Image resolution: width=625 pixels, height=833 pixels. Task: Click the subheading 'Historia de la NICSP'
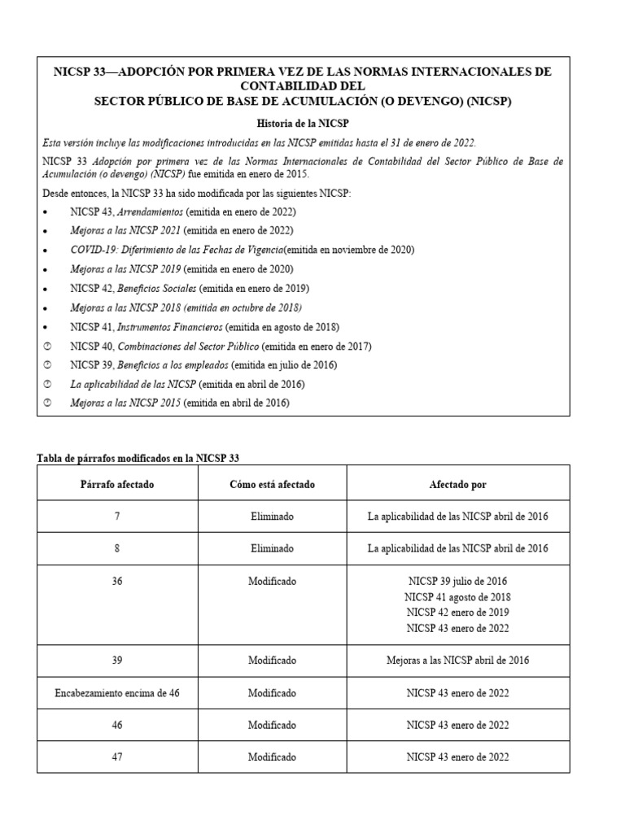point(304,122)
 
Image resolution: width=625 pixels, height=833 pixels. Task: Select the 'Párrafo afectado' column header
point(117,484)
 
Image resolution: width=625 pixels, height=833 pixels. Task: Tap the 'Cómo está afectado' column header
point(272,484)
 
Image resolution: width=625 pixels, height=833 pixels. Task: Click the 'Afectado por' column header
point(457,484)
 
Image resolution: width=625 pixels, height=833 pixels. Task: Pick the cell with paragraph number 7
point(117,517)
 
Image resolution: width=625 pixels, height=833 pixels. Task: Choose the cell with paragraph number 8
point(117,549)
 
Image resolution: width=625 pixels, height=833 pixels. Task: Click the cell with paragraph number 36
point(117,582)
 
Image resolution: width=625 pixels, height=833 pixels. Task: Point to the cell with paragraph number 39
point(117,661)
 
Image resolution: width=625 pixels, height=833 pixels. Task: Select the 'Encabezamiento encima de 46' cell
point(117,692)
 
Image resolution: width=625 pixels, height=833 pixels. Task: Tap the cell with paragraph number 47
point(117,757)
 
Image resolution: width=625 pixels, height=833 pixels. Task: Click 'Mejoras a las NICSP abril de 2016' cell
point(457,661)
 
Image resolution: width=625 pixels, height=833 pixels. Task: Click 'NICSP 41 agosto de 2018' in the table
point(457,597)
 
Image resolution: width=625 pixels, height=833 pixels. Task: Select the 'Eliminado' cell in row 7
point(272,517)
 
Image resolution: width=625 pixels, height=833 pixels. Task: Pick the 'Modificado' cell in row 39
point(272,661)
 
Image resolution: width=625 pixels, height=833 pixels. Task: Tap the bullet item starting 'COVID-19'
point(243,250)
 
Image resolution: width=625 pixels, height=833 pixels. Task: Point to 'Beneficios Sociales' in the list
point(156,288)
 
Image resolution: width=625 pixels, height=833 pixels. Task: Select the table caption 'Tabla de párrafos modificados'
point(138,458)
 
